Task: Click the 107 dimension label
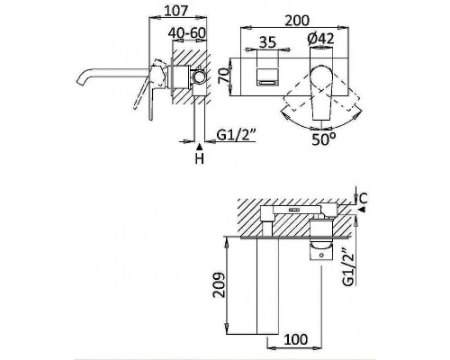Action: pos(175,11)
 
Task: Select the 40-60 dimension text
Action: pos(187,33)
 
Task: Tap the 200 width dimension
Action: pos(297,21)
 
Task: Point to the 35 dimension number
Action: pos(267,42)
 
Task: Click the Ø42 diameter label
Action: pos(320,39)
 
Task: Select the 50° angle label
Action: pos(324,139)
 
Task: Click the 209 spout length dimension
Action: pos(220,284)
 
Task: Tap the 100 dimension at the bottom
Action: pos(295,339)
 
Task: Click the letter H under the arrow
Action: pos(200,158)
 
